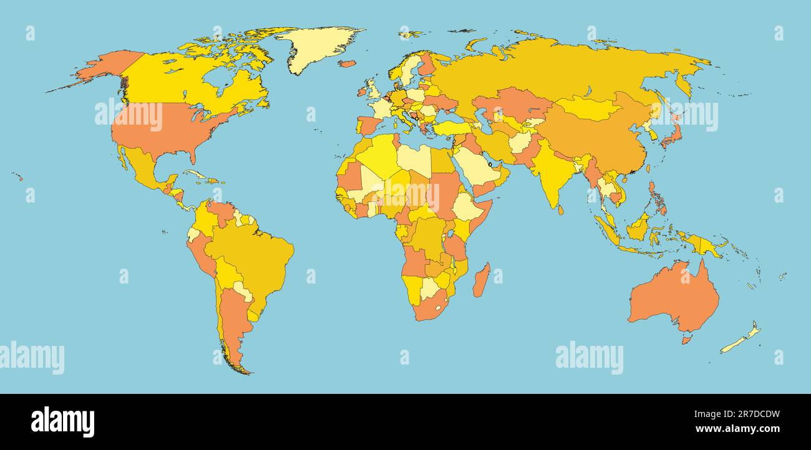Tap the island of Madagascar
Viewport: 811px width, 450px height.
[480, 280]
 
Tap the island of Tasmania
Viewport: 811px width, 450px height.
[686, 340]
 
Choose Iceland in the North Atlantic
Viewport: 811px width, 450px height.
[347, 63]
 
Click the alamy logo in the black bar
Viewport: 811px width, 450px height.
[62, 421]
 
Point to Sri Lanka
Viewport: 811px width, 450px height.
[560, 209]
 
